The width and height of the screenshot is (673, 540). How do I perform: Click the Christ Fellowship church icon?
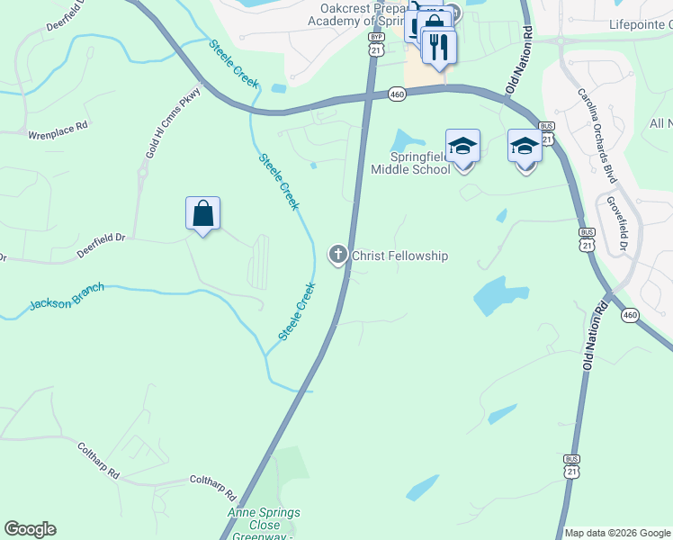click(338, 256)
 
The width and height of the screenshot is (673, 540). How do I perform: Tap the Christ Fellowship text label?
click(399, 256)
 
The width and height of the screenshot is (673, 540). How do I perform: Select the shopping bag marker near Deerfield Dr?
click(203, 214)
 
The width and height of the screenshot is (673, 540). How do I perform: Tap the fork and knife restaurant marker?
click(438, 48)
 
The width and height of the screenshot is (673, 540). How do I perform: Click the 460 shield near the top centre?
click(397, 94)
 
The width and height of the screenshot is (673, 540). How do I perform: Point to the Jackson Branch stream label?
click(67, 295)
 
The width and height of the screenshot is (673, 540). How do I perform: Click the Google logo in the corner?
click(30, 529)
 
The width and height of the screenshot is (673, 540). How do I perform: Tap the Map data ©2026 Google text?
click(617, 533)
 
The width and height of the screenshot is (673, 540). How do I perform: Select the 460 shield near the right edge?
click(630, 315)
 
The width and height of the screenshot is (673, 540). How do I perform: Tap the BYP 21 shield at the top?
click(375, 44)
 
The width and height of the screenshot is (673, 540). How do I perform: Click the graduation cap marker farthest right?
click(525, 146)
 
